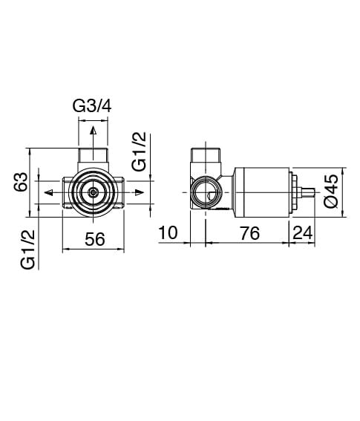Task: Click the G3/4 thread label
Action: (92, 106)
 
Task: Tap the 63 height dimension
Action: (21, 182)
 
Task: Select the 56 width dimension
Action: (94, 239)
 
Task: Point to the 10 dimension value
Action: (168, 232)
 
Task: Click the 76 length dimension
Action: (249, 233)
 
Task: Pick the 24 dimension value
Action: (303, 233)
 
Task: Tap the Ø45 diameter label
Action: (331, 191)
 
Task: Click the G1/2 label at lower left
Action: (27, 249)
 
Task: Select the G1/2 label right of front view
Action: (139, 151)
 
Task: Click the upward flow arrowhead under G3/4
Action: (93, 130)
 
